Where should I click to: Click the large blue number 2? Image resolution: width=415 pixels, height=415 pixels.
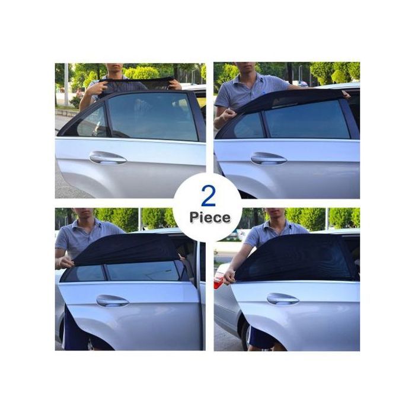coord(208,196)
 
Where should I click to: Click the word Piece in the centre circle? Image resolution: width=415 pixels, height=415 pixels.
coord(210,218)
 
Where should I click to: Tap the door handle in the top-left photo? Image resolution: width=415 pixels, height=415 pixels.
coord(108,158)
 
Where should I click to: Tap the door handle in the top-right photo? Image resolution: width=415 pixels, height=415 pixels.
coord(269,158)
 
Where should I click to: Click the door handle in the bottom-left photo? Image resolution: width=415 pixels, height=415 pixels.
coord(112,301)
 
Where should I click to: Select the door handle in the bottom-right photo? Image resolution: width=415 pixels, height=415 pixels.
coord(283,299)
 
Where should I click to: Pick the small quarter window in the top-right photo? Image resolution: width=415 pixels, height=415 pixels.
coord(250,125)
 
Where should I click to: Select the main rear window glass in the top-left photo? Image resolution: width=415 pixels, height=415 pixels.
coord(153,116)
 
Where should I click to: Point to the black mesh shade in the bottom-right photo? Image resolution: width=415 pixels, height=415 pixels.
coord(294,258)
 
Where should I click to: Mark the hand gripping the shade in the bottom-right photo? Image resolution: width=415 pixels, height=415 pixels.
coord(229,277)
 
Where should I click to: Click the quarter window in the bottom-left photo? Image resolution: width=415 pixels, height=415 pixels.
coord(85,274)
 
